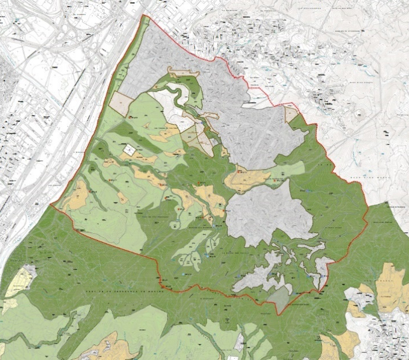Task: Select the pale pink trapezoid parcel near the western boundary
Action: (121, 103)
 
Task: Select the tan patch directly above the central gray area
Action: (248, 179)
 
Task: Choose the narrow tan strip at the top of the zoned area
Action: (182, 72)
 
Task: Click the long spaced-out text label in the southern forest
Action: (115, 286)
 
